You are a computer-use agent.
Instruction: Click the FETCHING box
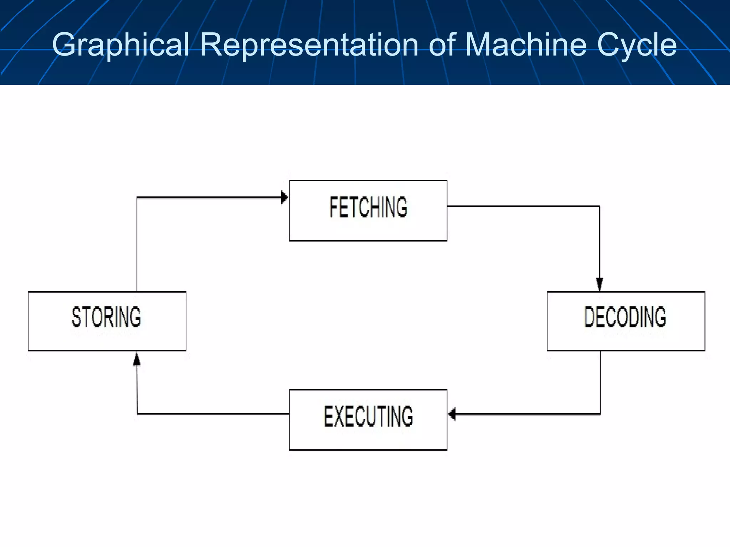[x=368, y=210]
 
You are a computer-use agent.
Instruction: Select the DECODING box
[x=626, y=321]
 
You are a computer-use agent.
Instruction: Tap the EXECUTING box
[x=368, y=420]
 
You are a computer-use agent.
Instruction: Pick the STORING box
[x=107, y=321]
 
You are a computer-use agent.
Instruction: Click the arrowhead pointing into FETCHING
[x=284, y=197]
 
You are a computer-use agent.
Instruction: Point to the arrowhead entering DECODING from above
[x=600, y=284]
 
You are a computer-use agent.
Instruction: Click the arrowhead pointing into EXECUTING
[x=452, y=414]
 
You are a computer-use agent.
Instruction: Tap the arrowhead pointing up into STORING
[x=137, y=359]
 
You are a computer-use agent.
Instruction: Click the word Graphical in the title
[x=120, y=45]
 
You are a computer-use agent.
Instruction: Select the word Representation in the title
[x=309, y=45]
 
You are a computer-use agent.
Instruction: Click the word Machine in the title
[x=526, y=45]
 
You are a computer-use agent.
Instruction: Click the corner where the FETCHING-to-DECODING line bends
[x=600, y=206]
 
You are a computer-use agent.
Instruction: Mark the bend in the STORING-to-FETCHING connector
[x=137, y=197]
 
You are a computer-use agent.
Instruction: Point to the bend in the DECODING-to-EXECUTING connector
[x=600, y=414]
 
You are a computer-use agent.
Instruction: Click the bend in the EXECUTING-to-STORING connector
[x=138, y=414]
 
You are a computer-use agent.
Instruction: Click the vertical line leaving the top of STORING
[x=137, y=246]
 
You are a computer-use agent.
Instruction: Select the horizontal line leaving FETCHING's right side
[x=520, y=206]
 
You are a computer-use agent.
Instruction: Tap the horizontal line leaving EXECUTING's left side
[x=214, y=414]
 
